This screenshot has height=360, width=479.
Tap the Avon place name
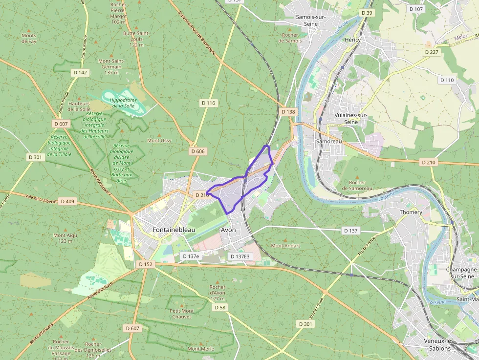228,230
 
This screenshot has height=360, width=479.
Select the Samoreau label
329,141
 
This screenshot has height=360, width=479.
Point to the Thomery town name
411,212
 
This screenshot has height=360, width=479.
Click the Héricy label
352,40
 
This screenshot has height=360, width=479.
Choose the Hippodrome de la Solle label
123,103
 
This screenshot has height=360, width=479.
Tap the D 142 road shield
80,73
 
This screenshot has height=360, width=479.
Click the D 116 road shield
208,103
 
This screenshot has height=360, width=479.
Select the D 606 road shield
198,151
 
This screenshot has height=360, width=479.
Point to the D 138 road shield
288,112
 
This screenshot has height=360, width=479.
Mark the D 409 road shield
67,201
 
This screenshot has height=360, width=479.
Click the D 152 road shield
146,264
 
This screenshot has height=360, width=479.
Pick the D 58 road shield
220,307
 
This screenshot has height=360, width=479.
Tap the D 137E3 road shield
239,256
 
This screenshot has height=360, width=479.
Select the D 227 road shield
432,52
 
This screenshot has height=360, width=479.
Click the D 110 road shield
447,80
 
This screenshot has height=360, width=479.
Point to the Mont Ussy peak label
159,140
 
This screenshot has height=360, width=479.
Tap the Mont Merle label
201,349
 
